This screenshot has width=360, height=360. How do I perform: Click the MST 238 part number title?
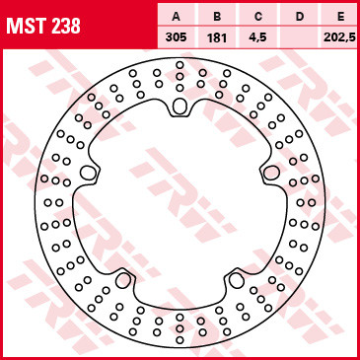point(43,27)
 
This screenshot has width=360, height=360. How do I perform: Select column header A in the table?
point(176,17)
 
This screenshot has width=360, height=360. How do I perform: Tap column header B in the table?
point(217,17)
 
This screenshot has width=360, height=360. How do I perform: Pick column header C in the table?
point(258,17)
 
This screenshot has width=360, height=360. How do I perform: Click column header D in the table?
point(300,17)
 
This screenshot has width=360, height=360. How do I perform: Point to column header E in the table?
point(340,17)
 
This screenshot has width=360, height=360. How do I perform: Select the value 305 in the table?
point(176,37)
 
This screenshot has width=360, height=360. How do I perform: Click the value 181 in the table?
point(217,37)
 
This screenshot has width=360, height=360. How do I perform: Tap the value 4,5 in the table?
point(258,37)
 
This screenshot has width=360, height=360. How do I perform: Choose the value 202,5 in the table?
point(339,37)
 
